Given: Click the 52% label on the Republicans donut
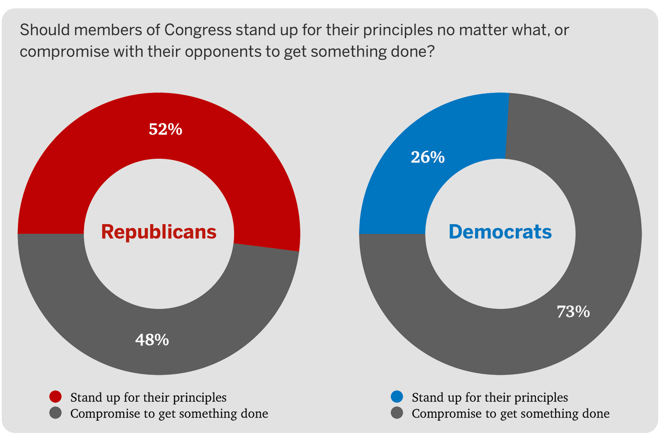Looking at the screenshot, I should pos(165,129).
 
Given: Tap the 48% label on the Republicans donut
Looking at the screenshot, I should pos(152,340).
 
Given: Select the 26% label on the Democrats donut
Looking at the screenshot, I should pos(428,157).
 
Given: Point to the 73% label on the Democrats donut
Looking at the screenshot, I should pos(573,312).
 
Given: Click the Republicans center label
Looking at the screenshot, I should pos(159,232).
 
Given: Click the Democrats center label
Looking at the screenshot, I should pos(500,232).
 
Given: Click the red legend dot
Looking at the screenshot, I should pos(55,397).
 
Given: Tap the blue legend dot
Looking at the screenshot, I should pos(397,397).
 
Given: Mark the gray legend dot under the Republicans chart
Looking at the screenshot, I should pos(55,413).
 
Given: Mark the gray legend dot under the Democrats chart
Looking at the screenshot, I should pos(397,413).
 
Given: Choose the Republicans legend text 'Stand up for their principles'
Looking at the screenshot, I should pos(148,397).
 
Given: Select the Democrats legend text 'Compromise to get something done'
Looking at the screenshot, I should pos(510,414).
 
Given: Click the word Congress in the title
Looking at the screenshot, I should pos(198,30).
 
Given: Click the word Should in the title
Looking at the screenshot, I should pos(43,30).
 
